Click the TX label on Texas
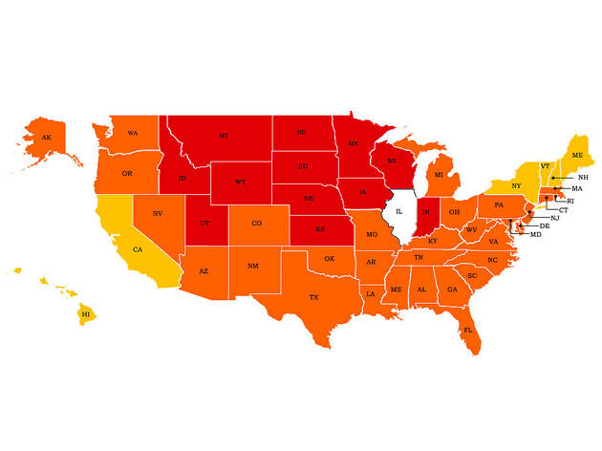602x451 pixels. point(313,298)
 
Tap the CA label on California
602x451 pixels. point(138,249)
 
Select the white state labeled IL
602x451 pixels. point(400,209)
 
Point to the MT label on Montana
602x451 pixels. point(223,136)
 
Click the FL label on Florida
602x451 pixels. point(468,330)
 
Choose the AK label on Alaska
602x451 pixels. point(46,138)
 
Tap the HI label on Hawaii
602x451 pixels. point(85,313)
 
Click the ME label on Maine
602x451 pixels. point(577,155)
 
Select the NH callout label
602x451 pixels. point(583,178)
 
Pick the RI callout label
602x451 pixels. point(570,202)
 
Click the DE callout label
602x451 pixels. point(544,225)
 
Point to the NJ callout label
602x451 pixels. point(554,218)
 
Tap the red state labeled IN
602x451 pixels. point(427,210)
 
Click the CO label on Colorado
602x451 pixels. point(257,224)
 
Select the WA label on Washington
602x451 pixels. point(133,133)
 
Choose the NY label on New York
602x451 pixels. point(516,185)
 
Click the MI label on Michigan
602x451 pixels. point(439,175)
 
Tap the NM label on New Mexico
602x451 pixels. point(252,266)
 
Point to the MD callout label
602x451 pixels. point(535,234)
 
